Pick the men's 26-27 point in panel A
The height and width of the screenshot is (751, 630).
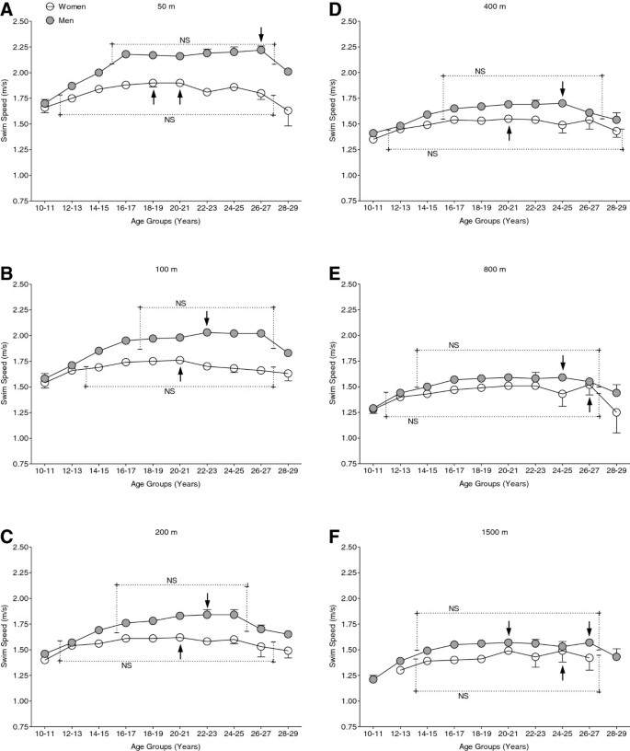coord(261,50)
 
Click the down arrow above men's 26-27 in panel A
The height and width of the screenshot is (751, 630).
coord(261,34)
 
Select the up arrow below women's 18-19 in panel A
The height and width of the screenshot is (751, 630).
coord(154,96)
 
